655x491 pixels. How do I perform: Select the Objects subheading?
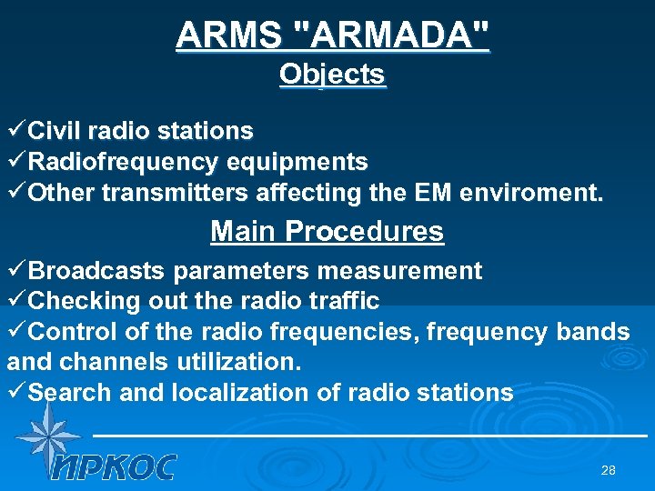[x=332, y=74]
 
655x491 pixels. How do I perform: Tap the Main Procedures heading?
[x=327, y=231]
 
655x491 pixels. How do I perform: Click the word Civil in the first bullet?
[x=62, y=131]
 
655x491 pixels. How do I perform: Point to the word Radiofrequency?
[x=124, y=163]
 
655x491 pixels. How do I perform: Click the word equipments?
[x=297, y=163]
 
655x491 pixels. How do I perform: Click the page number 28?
[x=609, y=470]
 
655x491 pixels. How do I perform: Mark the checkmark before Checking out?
[x=17, y=300]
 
